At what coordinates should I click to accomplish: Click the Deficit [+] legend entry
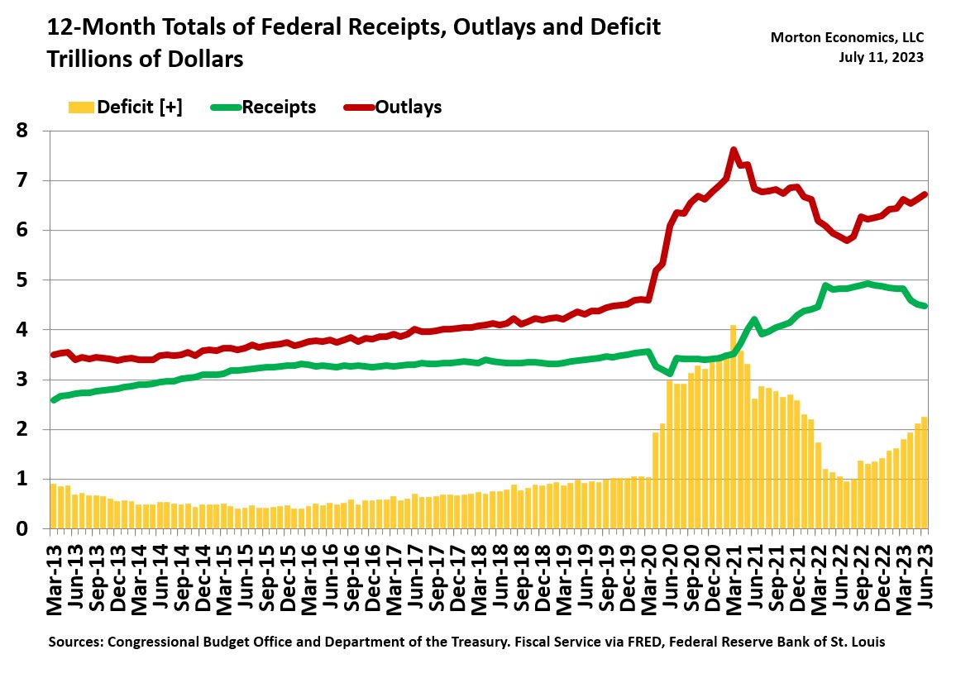coord(124,107)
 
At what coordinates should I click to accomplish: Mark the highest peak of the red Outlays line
coord(734,150)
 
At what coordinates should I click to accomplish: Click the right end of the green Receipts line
coord(925,306)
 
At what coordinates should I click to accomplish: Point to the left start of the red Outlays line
coord(54,355)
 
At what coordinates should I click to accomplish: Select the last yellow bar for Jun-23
coord(925,472)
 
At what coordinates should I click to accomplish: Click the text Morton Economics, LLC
coord(847,37)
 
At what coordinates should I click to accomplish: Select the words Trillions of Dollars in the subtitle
coord(146,60)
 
